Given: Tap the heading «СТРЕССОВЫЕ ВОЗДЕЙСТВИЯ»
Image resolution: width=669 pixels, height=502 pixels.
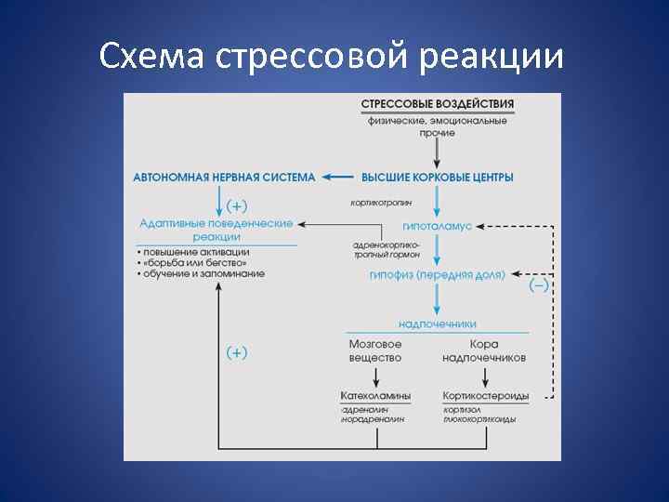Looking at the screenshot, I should click(437, 103).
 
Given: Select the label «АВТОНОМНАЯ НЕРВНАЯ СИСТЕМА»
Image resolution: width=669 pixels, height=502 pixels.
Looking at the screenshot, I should click(224, 177).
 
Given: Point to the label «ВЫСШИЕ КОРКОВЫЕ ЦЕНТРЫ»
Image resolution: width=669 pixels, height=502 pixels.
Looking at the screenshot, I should click(437, 177).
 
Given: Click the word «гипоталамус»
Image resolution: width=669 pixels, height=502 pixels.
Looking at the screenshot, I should click(437, 226).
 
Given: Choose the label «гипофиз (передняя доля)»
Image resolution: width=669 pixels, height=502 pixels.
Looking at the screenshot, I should click(437, 275).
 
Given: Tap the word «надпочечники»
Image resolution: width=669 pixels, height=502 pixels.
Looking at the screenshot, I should click(437, 324).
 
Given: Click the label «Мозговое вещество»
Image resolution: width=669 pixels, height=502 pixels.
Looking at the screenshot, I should click(375, 350).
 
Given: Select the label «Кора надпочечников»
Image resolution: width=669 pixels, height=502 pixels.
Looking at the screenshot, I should click(484, 350).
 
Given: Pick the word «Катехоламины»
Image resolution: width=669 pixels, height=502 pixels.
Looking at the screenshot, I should click(375, 395).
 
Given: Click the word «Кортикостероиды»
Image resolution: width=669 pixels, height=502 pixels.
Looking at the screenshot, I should click(485, 395).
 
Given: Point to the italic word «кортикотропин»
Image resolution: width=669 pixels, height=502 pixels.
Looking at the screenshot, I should click(381, 202).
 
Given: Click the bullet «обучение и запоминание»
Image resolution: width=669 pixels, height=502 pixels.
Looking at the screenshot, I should click(202, 274).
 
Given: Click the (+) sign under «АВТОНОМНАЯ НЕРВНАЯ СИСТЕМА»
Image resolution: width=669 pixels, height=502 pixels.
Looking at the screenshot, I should click(238, 204).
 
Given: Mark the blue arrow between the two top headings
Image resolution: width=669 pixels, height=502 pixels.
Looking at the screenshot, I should click(338, 177).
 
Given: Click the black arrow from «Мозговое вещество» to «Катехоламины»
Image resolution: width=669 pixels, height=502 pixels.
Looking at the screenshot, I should click(375, 376).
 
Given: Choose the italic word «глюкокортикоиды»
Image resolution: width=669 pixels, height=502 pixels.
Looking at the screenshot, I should click(479, 419).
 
